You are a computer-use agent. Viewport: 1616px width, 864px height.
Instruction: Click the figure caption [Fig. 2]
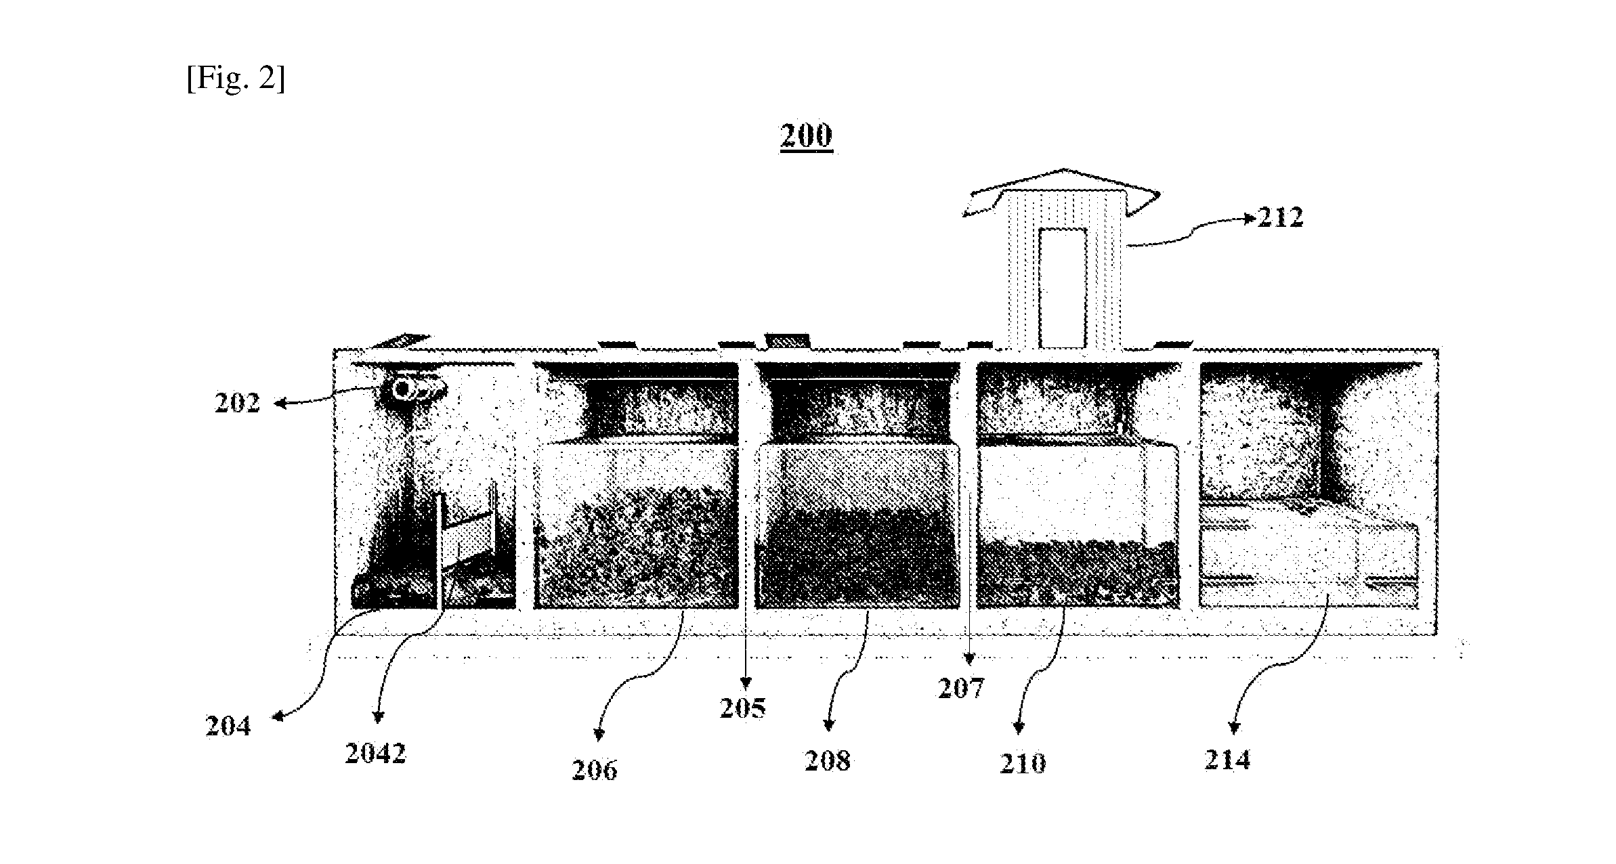tap(236, 79)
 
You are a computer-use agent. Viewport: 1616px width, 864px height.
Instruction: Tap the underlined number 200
tap(805, 135)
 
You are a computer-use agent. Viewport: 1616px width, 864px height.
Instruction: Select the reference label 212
tap(1279, 217)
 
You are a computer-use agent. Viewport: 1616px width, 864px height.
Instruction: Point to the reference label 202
tap(237, 403)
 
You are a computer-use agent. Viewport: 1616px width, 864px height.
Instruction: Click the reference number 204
tap(228, 726)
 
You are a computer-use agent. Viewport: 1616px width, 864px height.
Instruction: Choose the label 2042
tap(375, 753)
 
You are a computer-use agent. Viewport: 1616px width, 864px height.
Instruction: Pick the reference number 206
tap(594, 770)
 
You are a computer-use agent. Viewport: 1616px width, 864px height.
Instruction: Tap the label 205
tap(742, 708)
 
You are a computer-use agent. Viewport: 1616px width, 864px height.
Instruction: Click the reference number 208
tap(827, 761)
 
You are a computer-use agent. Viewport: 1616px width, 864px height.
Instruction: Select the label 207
tap(960, 689)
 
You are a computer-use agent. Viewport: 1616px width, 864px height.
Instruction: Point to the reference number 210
tap(1023, 764)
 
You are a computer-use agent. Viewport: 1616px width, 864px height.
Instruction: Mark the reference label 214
tap(1227, 760)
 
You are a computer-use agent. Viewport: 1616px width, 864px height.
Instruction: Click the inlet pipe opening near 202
tap(404, 389)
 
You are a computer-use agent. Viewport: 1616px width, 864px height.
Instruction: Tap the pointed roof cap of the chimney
tap(1063, 193)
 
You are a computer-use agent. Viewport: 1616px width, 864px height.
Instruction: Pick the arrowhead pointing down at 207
tap(969, 656)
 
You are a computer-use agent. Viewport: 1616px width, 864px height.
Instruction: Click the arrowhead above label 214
tap(1233, 729)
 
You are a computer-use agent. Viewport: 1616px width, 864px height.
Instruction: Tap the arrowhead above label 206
tap(599, 735)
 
